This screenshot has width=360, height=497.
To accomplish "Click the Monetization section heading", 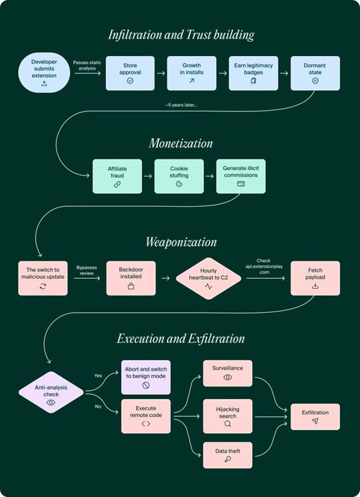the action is click(x=181, y=143).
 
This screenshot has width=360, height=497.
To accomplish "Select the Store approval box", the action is click(x=130, y=73).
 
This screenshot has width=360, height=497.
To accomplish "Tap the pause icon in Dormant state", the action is click(x=315, y=81).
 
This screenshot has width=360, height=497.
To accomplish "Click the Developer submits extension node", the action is click(x=44, y=73).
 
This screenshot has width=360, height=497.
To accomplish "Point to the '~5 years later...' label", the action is click(x=181, y=105).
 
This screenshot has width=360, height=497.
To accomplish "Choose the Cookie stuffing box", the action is click(x=179, y=176).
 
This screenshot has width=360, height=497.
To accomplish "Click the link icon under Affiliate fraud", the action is click(x=117, y=184).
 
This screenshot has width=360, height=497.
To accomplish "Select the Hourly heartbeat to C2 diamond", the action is click(x=209, y=278).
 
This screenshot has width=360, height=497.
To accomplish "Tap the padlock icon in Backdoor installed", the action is click(x=131, y=286).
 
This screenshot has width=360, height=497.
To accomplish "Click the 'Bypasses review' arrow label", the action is click(x=87, y=270).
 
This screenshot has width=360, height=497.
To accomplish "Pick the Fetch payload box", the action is click(x=315, y=278).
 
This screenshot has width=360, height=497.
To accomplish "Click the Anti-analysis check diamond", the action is click(x=51, y=392).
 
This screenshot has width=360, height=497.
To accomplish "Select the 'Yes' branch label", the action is click(x=98, y=376).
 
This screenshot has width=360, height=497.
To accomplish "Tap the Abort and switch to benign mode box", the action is click(x=146, y=377).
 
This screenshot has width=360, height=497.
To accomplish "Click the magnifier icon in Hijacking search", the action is click(x=227, y=424).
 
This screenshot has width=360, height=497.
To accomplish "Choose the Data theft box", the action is click(x=227, y=455).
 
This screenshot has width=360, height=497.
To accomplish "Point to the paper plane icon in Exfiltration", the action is click(x=315, y=421).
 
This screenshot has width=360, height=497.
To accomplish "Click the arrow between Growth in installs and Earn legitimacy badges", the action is click(x=223, y=73).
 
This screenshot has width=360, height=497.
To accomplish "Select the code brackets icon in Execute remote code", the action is click(x=146, y=424).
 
